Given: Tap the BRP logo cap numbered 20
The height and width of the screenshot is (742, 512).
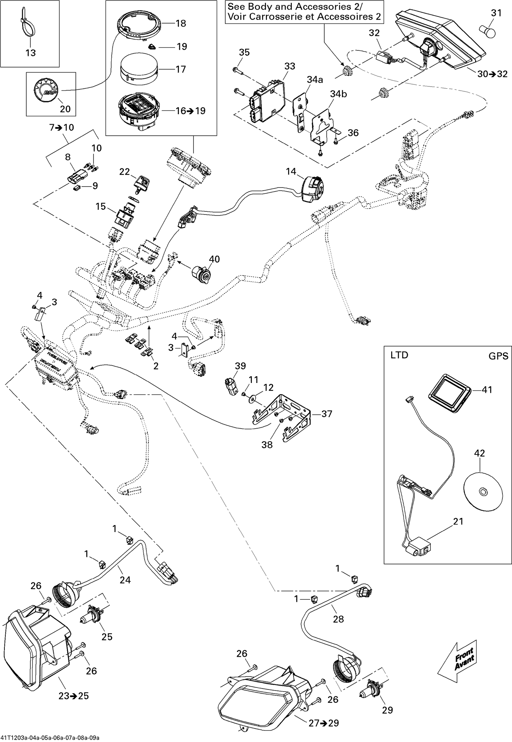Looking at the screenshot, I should pos(46,90).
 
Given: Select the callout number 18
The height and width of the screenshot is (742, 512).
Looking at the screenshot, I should pos(181,24).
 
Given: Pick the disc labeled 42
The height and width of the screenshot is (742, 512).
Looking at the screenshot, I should pos(483,492).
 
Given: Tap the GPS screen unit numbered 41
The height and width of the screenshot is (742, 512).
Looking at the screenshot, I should pos(449,394).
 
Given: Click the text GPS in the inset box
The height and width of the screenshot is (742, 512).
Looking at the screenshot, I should pos(498,356).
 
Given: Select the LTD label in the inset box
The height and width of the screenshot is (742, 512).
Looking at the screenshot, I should pos(399,355).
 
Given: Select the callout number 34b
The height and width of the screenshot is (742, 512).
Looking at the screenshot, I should pos(338,94).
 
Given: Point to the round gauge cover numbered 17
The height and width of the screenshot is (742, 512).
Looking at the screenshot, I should pos(139,69).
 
